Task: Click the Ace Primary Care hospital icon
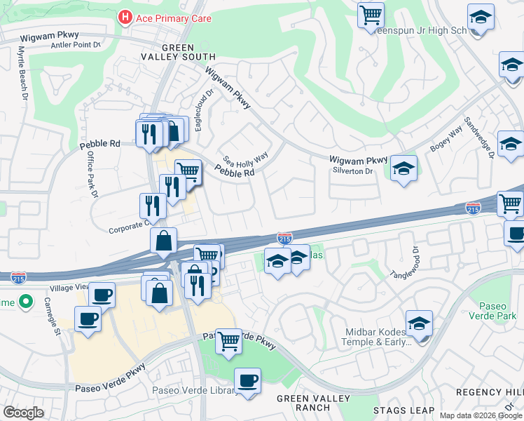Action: [125, 16]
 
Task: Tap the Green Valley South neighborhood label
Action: [188, 52]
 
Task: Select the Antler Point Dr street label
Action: [76, 45]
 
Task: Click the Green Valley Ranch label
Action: [303, 403]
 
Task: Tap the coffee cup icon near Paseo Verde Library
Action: [247, 381]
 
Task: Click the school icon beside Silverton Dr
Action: [404, 168]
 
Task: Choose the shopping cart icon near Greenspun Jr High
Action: [371, 14]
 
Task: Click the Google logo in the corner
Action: [23, 413]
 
